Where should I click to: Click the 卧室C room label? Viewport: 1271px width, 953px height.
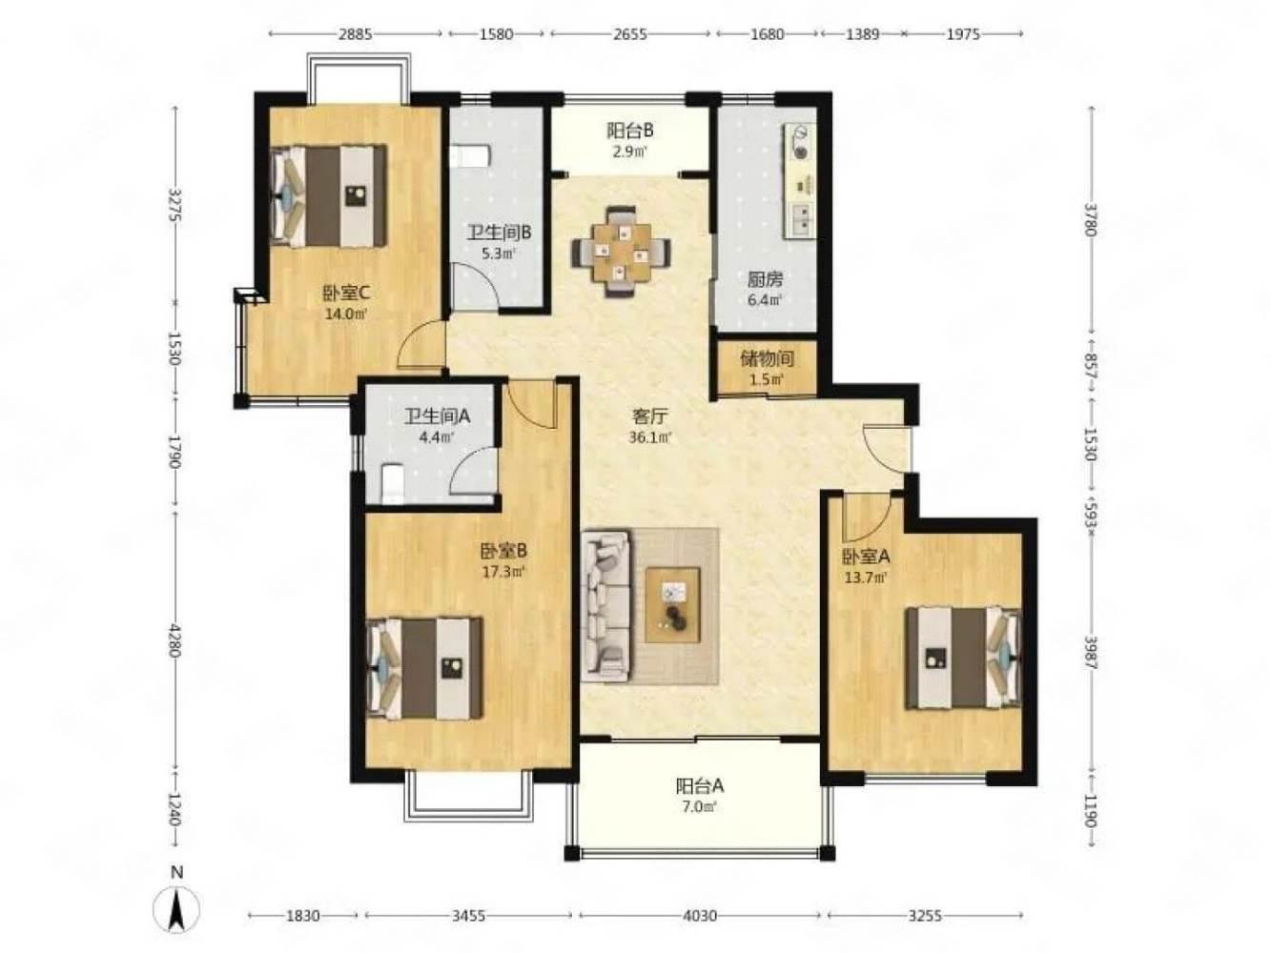click(346, 294)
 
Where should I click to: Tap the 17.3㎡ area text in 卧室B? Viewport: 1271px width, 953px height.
click(503, 572)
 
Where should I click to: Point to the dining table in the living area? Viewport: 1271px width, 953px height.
click(621, 252)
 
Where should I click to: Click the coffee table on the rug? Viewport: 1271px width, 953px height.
click(672, 604)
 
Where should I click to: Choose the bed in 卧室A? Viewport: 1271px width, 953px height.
click(963, 657)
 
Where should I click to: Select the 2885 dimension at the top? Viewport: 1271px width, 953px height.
click(355, 34)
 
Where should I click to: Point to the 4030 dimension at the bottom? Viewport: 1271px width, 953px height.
click(700, 916)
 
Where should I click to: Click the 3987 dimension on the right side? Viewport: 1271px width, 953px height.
click(1091, 653)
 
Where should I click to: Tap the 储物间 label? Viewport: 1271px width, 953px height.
click(767, 359)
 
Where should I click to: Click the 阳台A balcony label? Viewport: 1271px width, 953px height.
click(700, 786)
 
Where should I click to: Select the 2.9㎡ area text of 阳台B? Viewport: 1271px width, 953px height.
click(630, 152)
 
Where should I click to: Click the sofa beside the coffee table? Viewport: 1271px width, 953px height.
click(606, 604)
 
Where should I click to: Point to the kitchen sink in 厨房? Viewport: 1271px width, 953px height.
click(801, 220)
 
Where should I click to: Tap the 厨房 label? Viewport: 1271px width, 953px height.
click(765, 280)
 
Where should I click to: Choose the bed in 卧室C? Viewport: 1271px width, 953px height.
click(329, 195)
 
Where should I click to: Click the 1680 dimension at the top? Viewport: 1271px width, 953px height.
click(767, 34)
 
